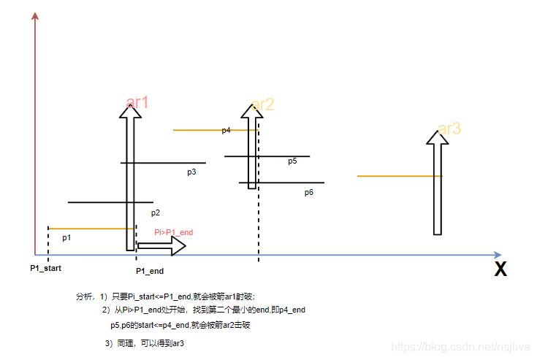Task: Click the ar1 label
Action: [x=137, y=102]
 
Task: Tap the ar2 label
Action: [x=262, y=105]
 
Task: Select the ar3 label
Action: [x=449, y=129]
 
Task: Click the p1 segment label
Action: [x=66, y=237]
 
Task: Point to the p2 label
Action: [x=156, y=213]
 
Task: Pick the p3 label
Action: [x=191, y=172]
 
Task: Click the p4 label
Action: [x=226, y=130]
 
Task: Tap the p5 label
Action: [x=292, y=161]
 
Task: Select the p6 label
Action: [x=309, y=193]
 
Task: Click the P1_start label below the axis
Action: [x=45, y=268]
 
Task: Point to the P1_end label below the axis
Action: [x=150, y=271]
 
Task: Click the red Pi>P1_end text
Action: [x=173, y=232]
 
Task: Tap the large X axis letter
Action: [x=500, y=269]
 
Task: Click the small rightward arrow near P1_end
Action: [x=161, y=246]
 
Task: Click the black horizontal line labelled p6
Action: [x=281, y=183]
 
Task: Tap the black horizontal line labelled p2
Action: [x=110, y=202]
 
